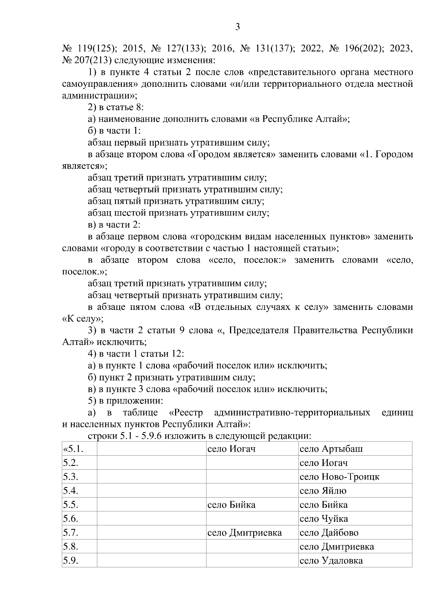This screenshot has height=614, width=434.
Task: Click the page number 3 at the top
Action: (x=238, y=27)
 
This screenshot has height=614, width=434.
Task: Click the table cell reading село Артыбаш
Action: (x=331, y=449)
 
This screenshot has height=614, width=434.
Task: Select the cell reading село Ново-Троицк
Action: (x=339, y=477)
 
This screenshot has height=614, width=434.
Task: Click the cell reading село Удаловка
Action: (x=331, y=561)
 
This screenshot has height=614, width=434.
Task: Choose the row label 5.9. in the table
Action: (x=71, y=561)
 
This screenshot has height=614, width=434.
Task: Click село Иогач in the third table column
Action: (x=231, y=449)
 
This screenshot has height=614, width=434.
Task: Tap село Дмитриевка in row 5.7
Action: (x=244, y=533)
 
